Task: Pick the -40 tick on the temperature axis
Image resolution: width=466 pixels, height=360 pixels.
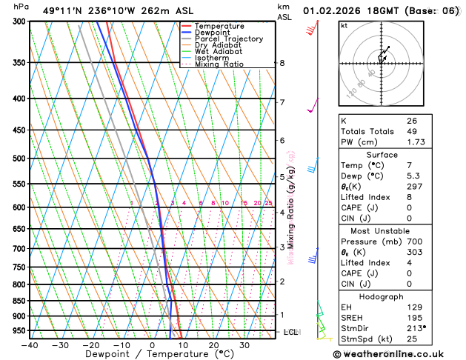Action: (x=30, y=345)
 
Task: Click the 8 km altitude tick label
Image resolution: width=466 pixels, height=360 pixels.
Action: (x=282, y=64)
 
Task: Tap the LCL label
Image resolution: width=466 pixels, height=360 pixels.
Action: (x=290, y=332)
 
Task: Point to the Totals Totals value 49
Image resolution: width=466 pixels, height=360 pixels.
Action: (x=411, y=131)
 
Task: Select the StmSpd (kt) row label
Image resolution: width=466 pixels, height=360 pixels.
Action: (x=365, y=339)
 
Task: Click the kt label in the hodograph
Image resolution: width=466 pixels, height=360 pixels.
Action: (x=344, y=25)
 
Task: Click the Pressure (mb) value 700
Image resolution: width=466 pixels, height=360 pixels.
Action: (x=413, y=241)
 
